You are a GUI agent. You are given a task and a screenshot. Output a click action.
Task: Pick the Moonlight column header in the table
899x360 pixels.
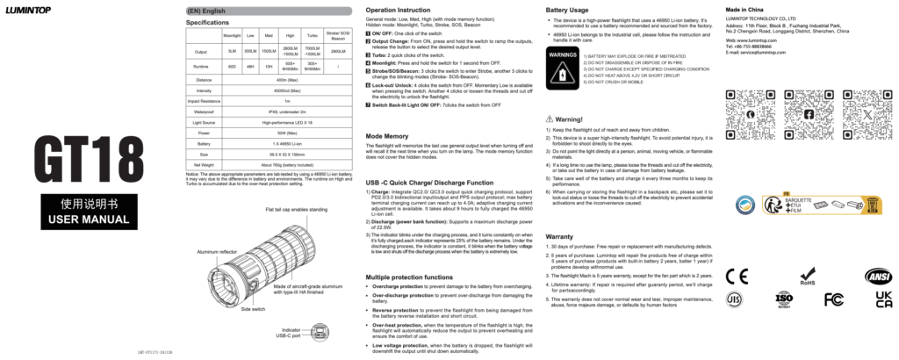click(x=232, y=35)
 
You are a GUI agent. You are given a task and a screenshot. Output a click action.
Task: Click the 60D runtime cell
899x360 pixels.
click(x=232, y=66)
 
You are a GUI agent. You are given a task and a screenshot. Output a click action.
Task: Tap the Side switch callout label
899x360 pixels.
click(x=253, y=309)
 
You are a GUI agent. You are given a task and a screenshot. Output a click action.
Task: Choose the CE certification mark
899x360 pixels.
click(x=736, y=275)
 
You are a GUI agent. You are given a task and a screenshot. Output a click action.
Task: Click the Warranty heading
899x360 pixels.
click(x=559, y=237)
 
